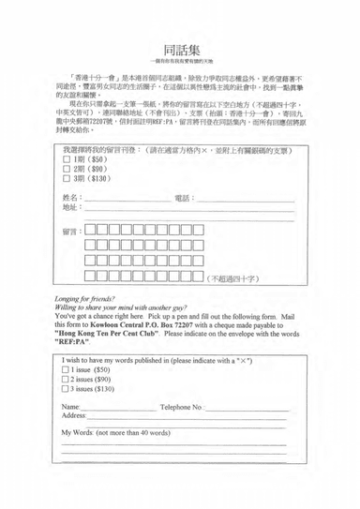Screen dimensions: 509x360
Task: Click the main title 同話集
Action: coord(180,50)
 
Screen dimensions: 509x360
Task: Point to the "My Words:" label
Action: coord(82,433)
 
